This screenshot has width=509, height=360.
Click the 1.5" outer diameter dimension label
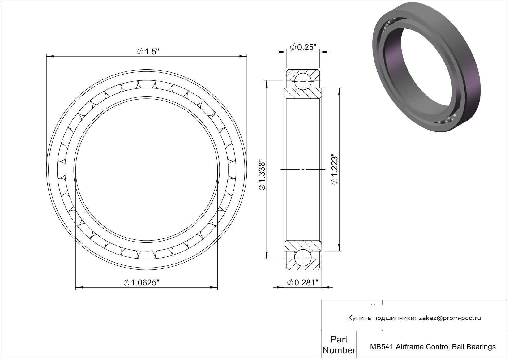pos(148,52)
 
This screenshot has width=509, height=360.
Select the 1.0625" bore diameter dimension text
pos(141,283)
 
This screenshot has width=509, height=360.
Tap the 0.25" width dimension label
pos(303,47)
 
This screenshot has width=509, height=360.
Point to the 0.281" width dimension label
pos(303,283)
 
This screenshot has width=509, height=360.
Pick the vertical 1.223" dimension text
pos(335,170)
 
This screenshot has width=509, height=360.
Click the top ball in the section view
pos(303,82)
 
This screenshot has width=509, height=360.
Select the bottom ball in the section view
pos(303,258)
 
